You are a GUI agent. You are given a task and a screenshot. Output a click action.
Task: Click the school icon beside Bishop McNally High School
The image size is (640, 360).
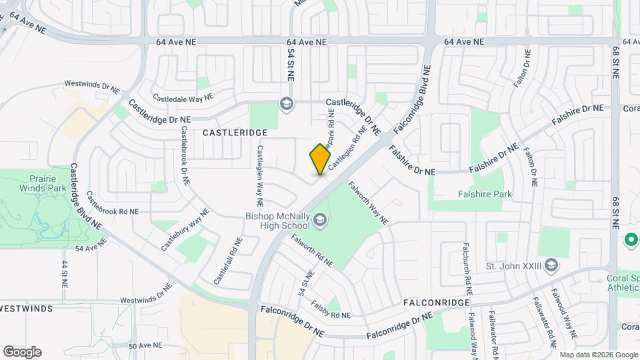321,220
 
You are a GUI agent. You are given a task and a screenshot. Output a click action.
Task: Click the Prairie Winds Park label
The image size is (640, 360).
47,183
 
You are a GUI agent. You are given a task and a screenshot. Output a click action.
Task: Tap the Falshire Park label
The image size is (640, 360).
485,195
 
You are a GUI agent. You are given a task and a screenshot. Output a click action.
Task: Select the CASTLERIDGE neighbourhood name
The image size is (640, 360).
235,133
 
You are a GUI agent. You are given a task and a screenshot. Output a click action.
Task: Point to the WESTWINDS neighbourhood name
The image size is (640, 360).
25,309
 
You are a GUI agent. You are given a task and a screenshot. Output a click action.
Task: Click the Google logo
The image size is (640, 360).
22,352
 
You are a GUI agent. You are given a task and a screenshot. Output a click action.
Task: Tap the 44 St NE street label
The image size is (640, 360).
65,273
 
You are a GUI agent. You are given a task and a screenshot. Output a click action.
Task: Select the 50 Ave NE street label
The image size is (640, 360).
145,346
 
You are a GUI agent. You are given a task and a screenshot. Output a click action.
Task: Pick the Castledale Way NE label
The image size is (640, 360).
183,97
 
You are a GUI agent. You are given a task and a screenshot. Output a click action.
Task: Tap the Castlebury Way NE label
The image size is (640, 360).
185,229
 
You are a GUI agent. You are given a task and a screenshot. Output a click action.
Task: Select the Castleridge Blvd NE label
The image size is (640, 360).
86,197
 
